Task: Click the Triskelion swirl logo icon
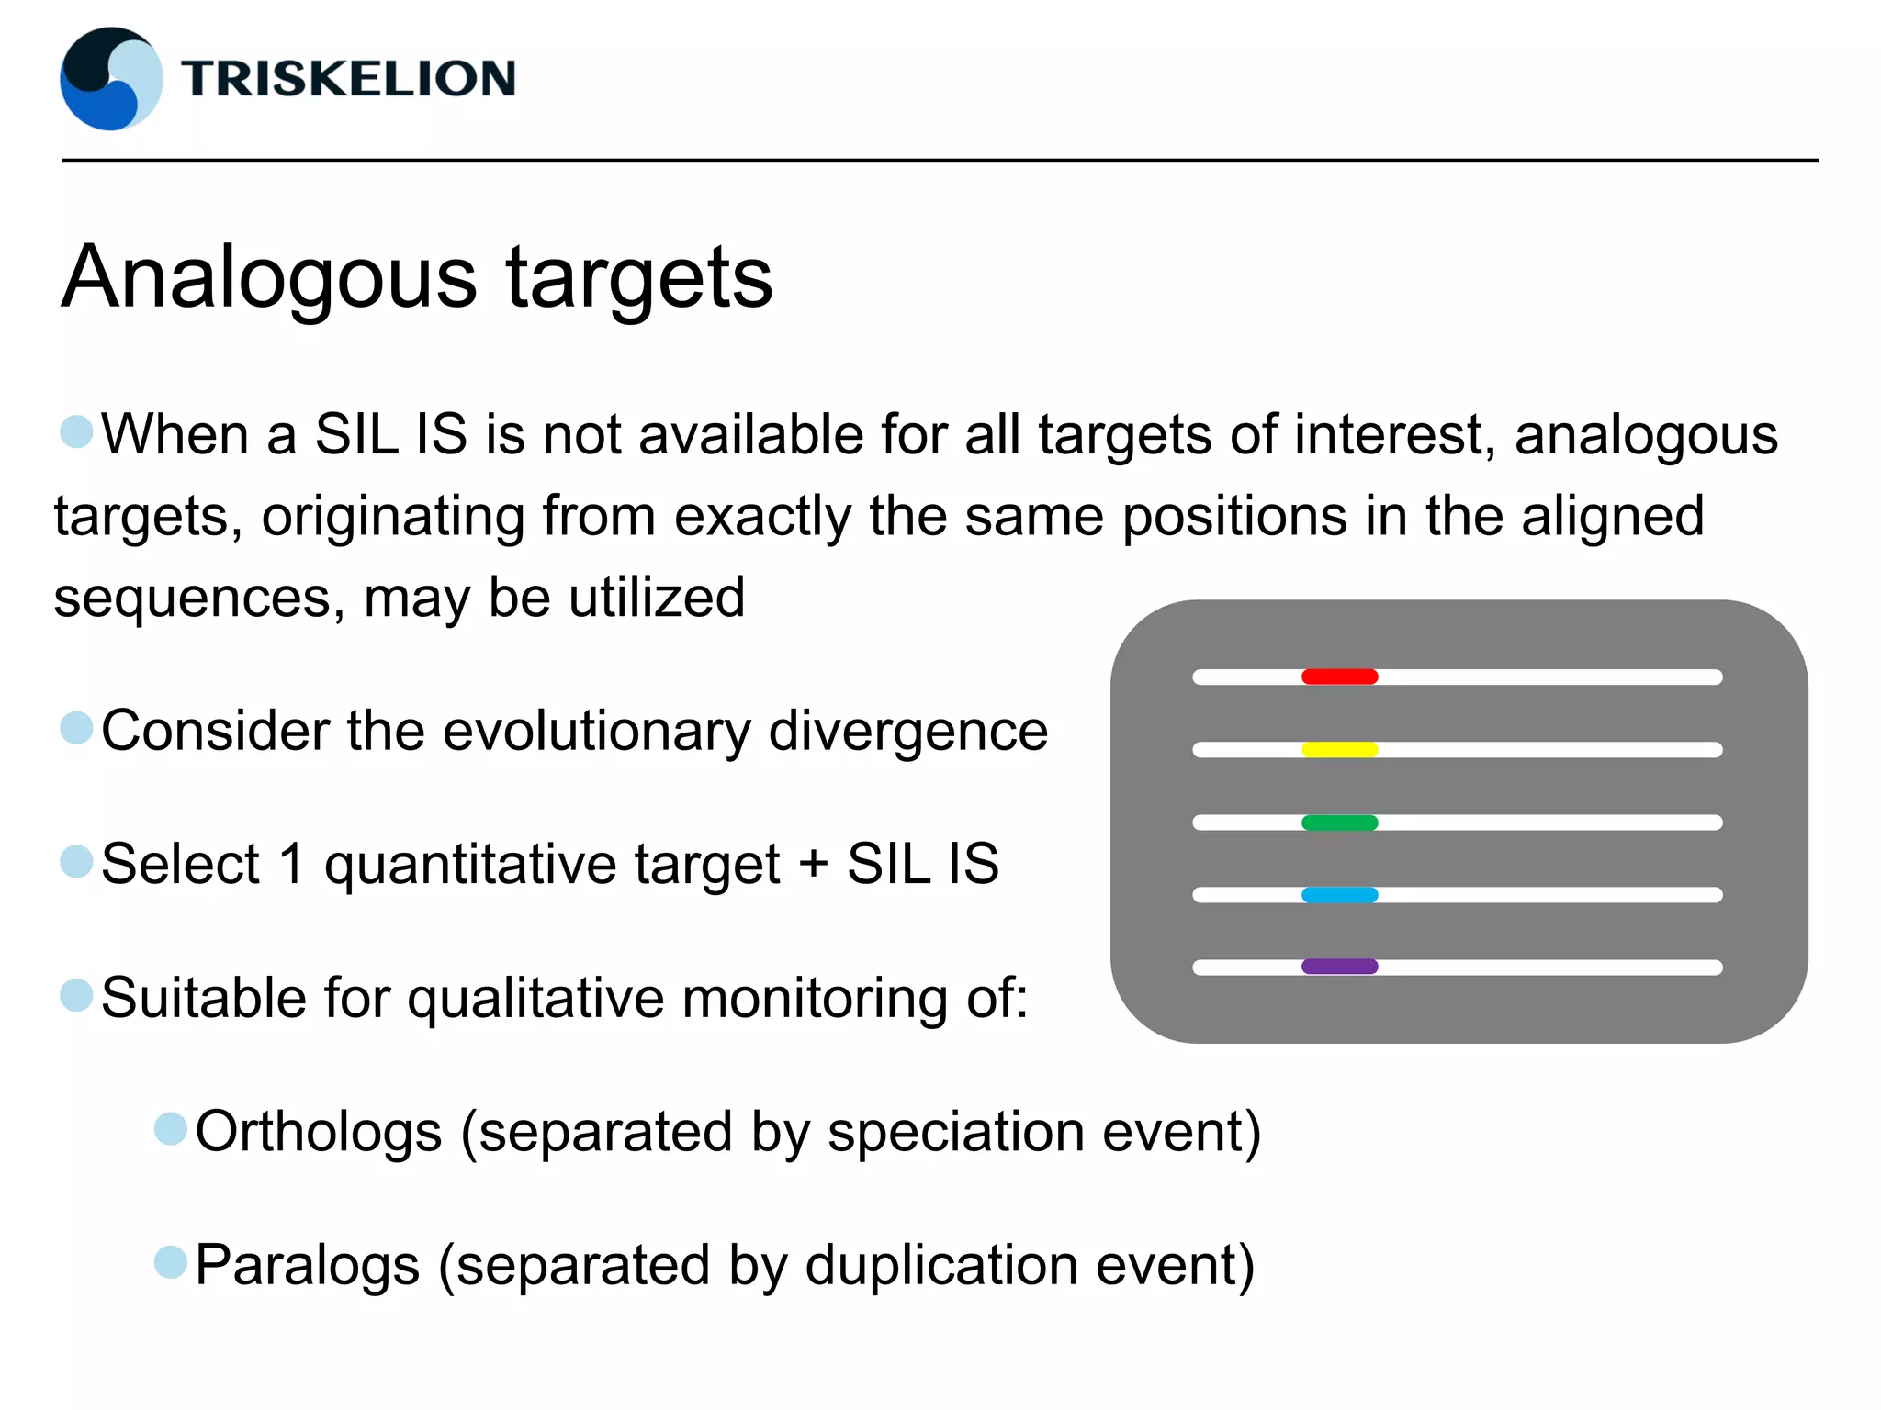pos(111,79)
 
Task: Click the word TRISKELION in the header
pos(348,79)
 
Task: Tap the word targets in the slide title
pos(639,277)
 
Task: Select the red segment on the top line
pos(1339,677)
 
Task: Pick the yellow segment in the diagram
pos(1339,749)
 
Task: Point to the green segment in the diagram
pos(1339,822)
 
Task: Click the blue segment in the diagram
pos(1339,895)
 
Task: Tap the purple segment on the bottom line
pos(1339,967)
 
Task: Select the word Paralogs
pos(308,1266)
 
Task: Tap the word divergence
pos(907,732)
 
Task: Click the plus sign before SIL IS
pos(814,865)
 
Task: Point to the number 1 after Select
pos(292,865)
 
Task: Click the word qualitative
pos(535,999)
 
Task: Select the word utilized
pos(656,599)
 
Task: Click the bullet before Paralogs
pos(171,1262)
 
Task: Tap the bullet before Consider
pos(76,728)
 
